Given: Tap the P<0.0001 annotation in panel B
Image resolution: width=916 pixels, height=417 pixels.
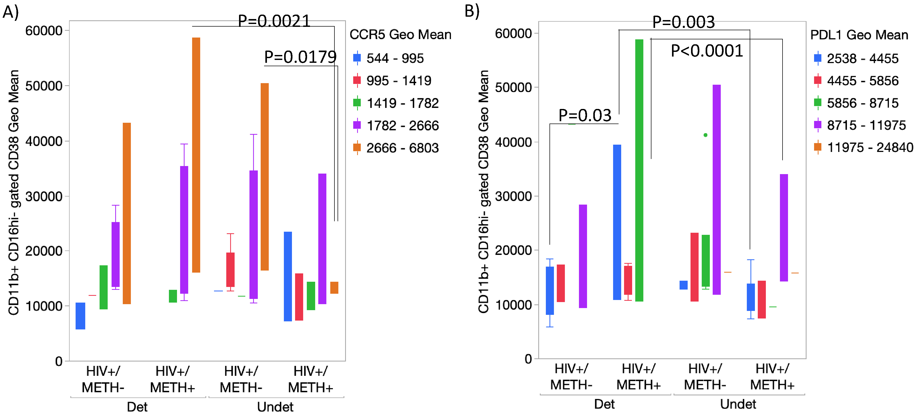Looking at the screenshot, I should pyautogui.click(x=707, y=51).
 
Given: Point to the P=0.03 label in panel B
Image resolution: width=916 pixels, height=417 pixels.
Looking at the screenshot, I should pyautogui.click(x=585, y=115).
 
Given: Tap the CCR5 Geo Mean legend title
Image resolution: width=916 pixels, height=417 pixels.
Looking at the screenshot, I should pyautogui.click(x=400, y=34).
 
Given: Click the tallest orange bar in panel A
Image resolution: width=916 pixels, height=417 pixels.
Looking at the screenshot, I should pyautogui.click(x=196, y=155).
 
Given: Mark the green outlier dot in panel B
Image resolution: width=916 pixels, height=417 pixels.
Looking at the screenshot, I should pyautogui.click(x=705, y=135).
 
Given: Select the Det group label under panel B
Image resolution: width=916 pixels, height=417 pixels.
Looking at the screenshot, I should pyautogui.click(x=604, y=404).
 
